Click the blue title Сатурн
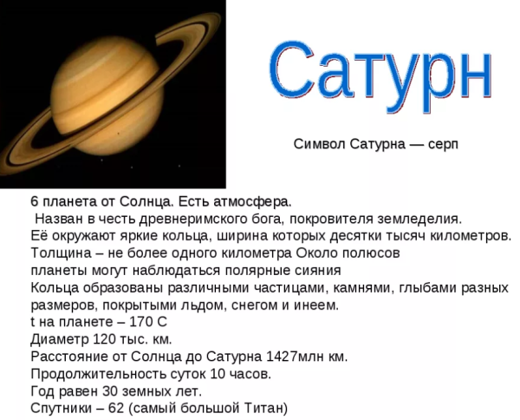click(x=380, y=71)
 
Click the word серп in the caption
click(x=440, y=144)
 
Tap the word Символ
click(x=320, y=144)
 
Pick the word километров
click(x=469, y=235)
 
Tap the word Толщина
click(x=59, y=253)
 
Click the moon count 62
click(x=115, y=408)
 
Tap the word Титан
click(x=262, y=408)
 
